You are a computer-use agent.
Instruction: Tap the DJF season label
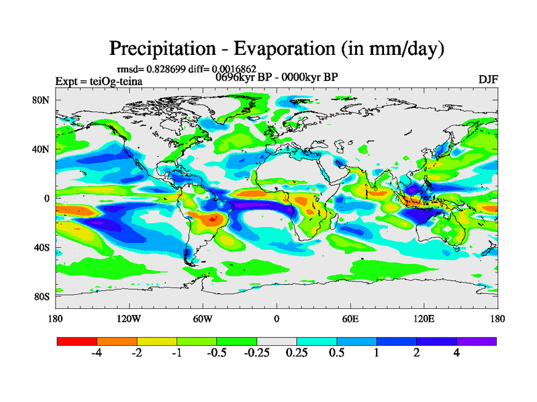488,79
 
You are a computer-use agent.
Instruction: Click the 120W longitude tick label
128,319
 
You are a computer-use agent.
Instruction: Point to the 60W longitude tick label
203,319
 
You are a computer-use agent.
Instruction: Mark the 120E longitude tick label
423,319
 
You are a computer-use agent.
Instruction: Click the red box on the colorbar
77,341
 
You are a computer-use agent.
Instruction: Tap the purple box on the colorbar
477,341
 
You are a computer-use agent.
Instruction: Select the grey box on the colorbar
277,341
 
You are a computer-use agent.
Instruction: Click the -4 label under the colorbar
96,354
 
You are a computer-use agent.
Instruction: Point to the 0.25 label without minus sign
297,354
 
